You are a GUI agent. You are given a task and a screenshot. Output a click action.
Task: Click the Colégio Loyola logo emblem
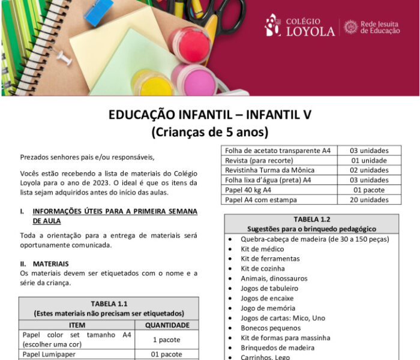272,25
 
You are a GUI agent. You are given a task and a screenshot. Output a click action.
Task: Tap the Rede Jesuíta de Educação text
380,27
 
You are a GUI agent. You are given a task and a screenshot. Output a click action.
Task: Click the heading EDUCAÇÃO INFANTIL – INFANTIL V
209,115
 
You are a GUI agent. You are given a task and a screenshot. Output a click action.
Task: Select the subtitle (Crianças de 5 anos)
209,131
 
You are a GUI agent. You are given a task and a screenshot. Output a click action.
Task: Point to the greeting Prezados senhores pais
87,157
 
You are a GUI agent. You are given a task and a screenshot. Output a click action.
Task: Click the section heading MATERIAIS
50,263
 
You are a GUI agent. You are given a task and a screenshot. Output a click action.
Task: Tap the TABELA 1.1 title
109,303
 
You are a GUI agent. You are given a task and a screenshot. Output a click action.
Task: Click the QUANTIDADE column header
167,325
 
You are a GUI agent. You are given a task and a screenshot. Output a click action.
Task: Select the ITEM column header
77,325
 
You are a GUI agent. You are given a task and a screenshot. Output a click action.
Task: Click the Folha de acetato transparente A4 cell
278,151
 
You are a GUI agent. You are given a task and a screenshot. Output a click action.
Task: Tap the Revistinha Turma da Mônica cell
269,170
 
